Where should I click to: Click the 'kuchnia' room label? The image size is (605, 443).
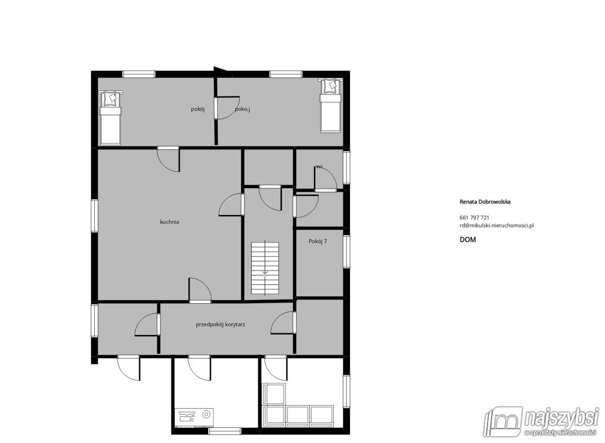tap(169, 221)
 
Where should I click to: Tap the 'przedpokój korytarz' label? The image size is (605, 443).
tap(220, 325)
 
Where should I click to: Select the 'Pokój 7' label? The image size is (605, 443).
tap(318, 241)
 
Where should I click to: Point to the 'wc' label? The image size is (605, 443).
tap(319, 166)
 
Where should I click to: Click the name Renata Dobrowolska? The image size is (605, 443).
tap(485, 201)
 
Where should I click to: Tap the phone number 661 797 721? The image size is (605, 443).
tap(474, 217)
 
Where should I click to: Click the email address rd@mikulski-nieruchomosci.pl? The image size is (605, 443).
tap(497, 226)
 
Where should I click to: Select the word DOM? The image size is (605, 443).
tap(467, 240)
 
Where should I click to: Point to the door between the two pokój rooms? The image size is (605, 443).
tap(227, 108)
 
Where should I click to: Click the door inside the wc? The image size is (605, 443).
tap(325, 179)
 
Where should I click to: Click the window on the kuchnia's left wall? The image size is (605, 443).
tap(94, 216)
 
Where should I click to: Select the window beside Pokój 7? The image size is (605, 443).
tap(346, 251)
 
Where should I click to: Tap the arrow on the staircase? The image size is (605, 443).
tap(265, 273)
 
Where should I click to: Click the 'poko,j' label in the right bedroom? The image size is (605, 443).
tap(243, 109)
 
